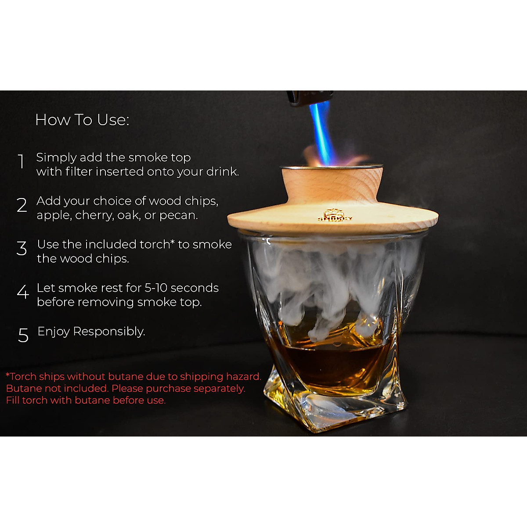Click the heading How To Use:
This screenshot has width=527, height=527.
82,120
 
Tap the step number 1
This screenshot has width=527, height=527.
21,162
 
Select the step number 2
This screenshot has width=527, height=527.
22,205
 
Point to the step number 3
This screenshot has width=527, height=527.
22,249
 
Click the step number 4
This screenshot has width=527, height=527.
23,292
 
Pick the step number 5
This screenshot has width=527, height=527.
23,336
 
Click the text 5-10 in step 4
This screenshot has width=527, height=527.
155,288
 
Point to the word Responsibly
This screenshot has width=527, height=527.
109,332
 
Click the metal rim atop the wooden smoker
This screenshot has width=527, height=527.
332,167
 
